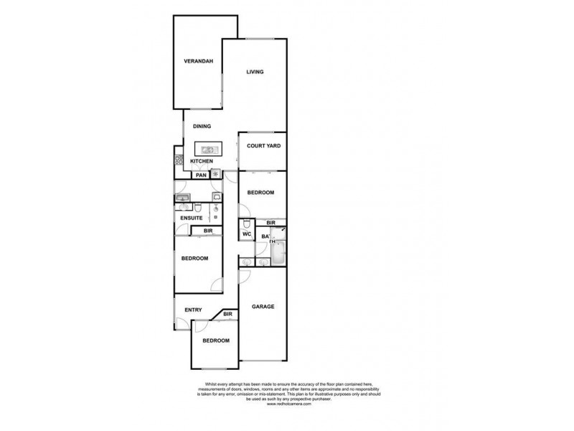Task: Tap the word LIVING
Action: [255, 72]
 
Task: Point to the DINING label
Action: [201, 126]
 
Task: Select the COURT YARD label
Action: [263, 146]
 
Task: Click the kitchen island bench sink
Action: [209, 149]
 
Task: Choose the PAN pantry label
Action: [201, 175]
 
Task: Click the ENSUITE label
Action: [191, 217]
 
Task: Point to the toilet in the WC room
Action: [246, 223]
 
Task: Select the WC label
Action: [245, 235]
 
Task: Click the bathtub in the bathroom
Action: [279, 251]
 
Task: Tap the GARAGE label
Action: [263, 307]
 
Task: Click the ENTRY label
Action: [192, 310]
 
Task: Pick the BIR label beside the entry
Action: [227, 314]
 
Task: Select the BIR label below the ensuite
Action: [207, 231]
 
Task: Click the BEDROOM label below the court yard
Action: [260, 193]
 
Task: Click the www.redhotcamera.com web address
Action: [286, 405]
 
